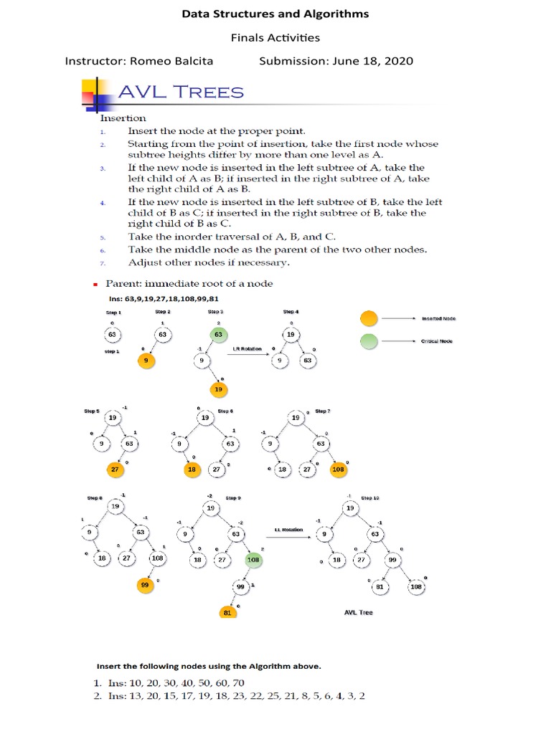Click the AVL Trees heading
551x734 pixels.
click(x=180, y=92)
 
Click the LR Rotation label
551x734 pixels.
click(x=243, y=350)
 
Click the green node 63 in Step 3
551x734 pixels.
click(x=217, y=334)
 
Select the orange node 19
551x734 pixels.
click(x=217, y=389)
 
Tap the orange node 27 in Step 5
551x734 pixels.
click(x=113, y=469)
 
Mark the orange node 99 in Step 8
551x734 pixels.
click(x=146, y=585)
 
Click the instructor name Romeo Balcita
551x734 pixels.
click(x=181, y=61)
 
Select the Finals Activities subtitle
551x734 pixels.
click(x=275, y=37)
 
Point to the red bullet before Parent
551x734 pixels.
click(x=93, y=284)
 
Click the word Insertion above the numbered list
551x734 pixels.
click(x=123, y=118)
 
